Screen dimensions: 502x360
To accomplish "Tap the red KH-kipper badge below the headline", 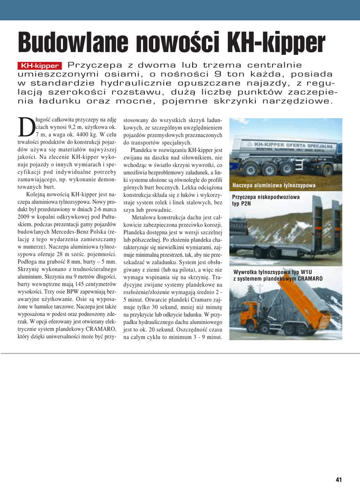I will point(40,66).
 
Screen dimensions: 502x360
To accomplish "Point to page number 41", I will point(338,479).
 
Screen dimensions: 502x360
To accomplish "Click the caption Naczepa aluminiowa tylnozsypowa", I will point(274,186).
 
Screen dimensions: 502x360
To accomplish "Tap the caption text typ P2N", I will point(241,203).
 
